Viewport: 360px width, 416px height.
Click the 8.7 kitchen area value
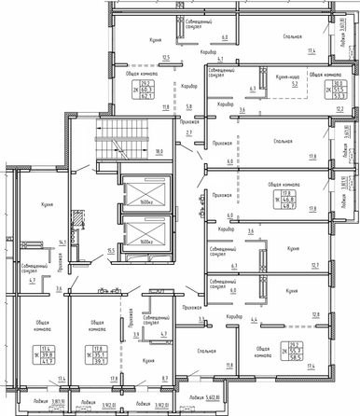tap(165, 378)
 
